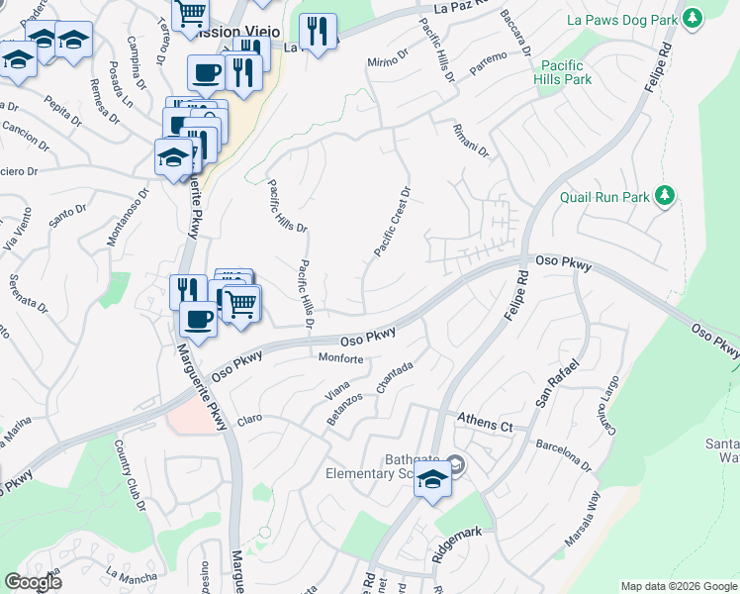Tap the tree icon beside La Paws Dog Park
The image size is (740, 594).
(693, 18)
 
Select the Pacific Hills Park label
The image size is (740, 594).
(563, 72)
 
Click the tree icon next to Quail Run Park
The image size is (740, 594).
(667, 195)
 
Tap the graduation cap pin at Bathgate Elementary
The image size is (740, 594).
(432, 480)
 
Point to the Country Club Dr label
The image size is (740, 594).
(130, 475)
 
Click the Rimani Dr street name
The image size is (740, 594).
(470, 139)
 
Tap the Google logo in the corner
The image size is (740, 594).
(34, 581)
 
